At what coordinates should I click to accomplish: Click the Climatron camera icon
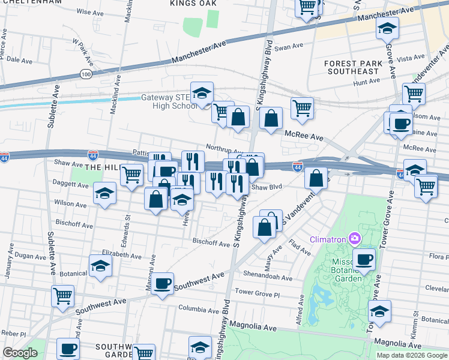point(355,240)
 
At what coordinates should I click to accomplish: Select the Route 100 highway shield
point(86,74)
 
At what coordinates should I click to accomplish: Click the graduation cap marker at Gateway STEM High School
point(202,93)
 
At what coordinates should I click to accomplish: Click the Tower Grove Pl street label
point(258,292)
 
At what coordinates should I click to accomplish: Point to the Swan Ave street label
point(290,46)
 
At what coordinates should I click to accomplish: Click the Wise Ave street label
point(90,12)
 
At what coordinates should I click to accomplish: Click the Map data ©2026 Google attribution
point(412,355)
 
